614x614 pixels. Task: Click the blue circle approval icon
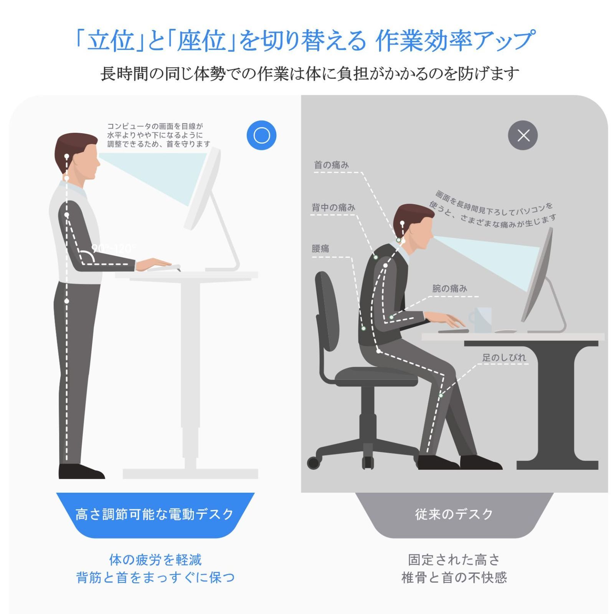(261, 135)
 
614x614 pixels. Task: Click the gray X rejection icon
(523, 135)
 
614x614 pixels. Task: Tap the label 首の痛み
(331, 165)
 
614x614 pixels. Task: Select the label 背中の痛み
(333, 208)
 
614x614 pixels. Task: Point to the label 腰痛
(320, 249)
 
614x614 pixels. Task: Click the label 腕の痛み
(449, 289)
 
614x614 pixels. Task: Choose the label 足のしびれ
(504, 357)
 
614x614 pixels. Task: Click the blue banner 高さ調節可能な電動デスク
(155, 514)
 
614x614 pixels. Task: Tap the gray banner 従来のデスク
(454, 514)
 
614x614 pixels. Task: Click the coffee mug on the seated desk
(481, 319)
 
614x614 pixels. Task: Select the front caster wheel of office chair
(314, 463)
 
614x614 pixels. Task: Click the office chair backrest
(326, 311)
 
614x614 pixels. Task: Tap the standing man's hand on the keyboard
(153, 264)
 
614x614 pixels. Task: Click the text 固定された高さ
(454, 560)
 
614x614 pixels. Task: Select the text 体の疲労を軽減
(155, 560)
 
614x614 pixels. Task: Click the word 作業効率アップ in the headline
(455, 41)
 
